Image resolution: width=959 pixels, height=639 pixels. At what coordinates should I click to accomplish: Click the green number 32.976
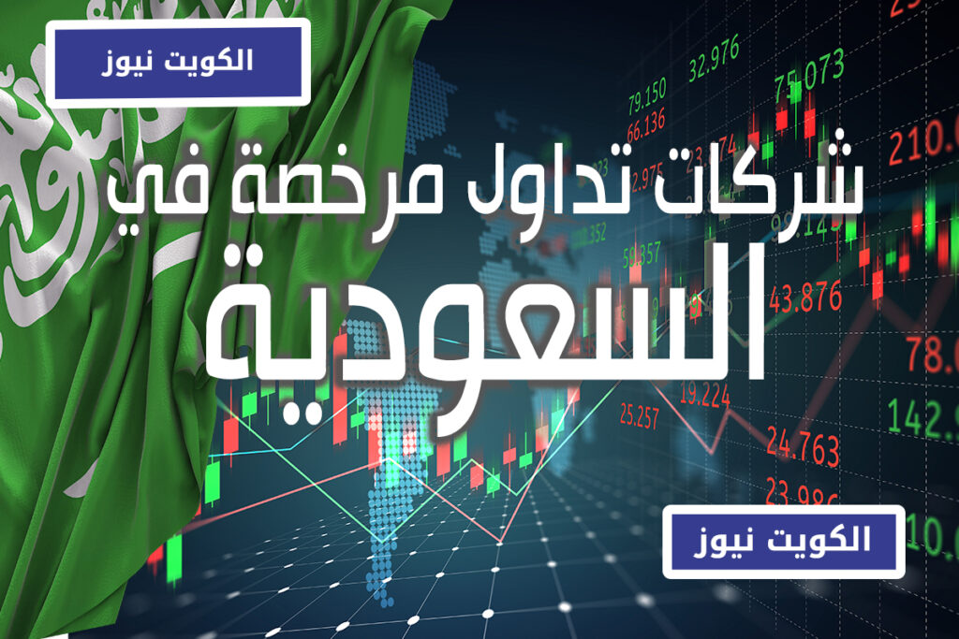pyautogui.click(x=714, y=44)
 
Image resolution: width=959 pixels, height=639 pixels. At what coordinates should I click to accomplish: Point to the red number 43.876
pyautogui.click(x=804, y=297)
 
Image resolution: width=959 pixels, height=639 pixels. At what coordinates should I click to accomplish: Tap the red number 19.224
pyautogui.click(x=703, y=397)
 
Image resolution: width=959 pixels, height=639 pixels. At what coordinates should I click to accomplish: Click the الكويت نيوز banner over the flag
pyautogui.click(x=177, y=62)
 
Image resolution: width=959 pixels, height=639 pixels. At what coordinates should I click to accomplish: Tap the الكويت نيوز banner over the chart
pyautogui.click(x=783, y=541)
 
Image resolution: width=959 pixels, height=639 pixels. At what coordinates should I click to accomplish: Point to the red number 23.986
pyautogui.click(x=802, y=493)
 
